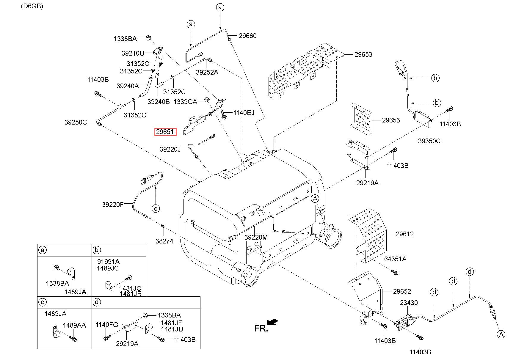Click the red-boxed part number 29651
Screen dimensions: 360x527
point(165,132)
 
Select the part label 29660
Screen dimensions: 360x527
point(247,36)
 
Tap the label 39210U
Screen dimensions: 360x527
point(133,53)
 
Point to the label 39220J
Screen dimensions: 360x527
point(170,149)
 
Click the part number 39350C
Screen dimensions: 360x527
point(429,141)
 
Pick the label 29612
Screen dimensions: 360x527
point(404,234)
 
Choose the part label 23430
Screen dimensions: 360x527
point(409,303)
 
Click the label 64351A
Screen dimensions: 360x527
point(395,259)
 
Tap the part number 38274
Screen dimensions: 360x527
point(164,241)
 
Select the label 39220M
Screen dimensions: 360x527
point(256,237)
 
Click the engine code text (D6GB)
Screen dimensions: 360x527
point(32,6)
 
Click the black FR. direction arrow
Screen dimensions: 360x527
point(273,322)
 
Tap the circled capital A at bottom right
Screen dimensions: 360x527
point(501,335)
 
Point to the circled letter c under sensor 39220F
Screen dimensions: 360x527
point(156,208)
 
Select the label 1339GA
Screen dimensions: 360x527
point(185,102)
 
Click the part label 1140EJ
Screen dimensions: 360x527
point(244,113)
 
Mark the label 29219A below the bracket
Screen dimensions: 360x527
point(367,183)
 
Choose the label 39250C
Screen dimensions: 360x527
point(76,122)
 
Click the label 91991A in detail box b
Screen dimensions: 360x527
point(108,262)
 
